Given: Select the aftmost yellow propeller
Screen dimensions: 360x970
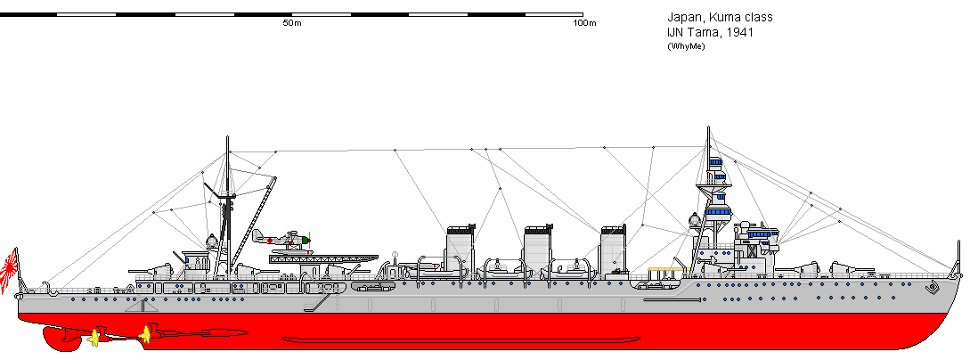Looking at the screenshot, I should (x=93, y=337).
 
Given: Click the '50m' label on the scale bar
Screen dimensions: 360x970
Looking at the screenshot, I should (x=291, y=23).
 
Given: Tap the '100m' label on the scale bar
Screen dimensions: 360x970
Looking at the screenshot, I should (x=583, y=23).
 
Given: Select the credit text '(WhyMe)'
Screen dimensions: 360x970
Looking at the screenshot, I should (x=685, y=47).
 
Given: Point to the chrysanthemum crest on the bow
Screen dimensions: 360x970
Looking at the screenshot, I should (x=933, y=288).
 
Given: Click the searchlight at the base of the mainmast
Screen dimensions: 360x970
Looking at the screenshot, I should (x=212, y=241).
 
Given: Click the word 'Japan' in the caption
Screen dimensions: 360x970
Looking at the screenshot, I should (x=682, y=18).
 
